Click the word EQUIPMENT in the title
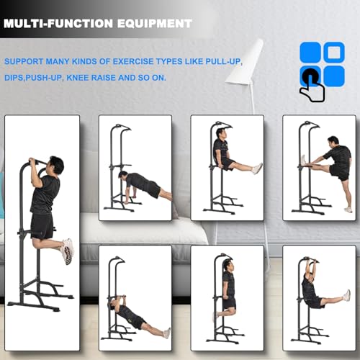(157, 22)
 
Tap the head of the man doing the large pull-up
(55, 166)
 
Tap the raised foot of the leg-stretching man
(303, 160)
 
